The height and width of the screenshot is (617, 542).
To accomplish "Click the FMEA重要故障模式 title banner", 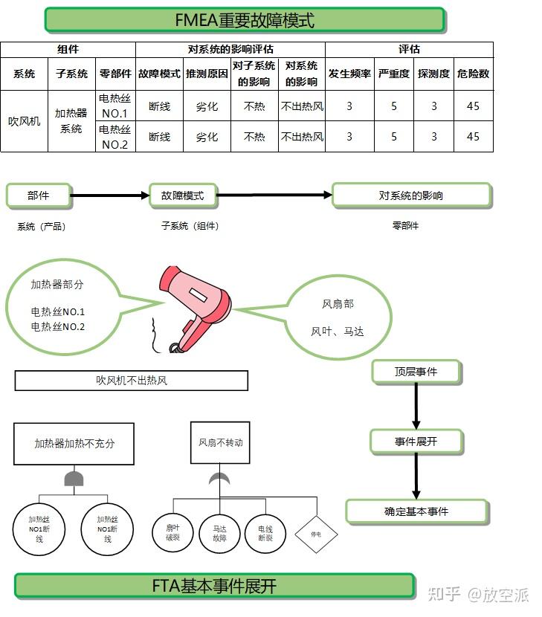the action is point(245,19).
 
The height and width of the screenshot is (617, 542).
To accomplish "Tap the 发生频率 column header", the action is point(349,74).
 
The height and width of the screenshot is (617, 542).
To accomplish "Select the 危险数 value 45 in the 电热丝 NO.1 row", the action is point(473,106).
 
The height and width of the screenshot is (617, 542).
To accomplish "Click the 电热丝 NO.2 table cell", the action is point(115,137).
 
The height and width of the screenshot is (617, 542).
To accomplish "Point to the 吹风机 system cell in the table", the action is point(24,121).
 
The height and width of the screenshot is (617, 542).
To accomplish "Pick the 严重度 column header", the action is point(393,74).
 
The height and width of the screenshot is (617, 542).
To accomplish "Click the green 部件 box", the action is point(39,196).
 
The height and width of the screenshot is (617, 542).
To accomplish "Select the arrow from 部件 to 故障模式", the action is point(110,196).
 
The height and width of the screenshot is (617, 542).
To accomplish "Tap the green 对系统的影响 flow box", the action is point(412,196).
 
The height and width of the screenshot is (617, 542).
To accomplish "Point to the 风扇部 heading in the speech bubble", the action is point(338,304).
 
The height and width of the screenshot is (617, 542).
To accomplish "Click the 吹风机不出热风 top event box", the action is point(132,381).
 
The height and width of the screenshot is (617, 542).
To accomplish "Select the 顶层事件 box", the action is point(416,372).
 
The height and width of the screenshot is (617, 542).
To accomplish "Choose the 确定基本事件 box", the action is point(417,512).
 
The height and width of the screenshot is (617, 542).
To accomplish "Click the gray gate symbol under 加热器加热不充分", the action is point(74,479).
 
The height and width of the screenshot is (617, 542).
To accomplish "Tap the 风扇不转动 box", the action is point(220,443).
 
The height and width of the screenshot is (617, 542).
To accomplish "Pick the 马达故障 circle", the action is point(219,534).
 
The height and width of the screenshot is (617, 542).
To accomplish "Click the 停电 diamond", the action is point(316,534).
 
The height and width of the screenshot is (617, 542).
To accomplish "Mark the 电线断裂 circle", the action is point(265,534).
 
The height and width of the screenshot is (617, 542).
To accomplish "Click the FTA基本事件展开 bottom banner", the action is point(215,587).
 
